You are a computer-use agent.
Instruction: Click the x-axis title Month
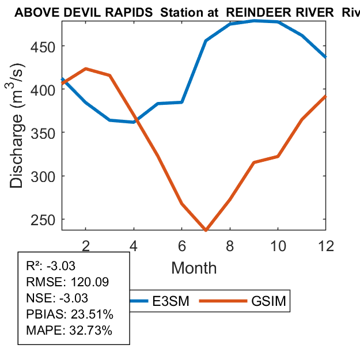[194, 268]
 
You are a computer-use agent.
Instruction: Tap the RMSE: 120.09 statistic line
[67, 282]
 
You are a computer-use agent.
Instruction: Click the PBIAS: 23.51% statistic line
[70, 314]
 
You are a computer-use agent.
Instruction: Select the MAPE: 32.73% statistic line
[69, 331]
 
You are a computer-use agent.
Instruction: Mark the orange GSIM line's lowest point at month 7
[206, 230]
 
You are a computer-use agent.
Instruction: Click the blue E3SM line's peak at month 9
[254, 21]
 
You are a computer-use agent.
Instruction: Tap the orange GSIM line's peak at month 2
[85, 69]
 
